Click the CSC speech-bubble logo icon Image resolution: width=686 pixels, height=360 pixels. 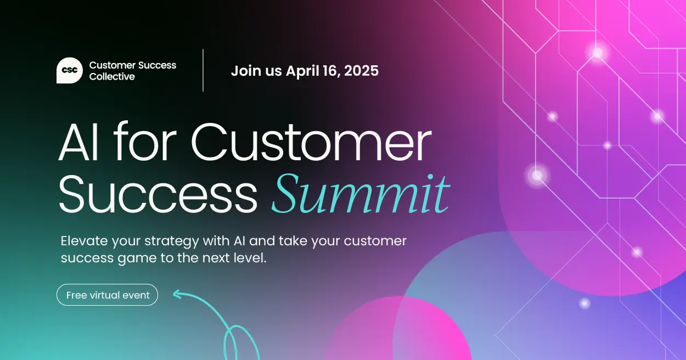(70, 71)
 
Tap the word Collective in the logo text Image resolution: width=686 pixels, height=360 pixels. (112, 77)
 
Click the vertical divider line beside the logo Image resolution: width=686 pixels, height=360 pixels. (203, 70)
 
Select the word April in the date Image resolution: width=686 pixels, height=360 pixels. (303, 71)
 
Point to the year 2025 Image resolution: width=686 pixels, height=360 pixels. (361, 71)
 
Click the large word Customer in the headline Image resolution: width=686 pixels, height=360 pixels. (311, 143)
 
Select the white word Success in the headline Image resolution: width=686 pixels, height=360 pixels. (158, 195)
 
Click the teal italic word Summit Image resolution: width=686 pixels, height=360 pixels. (361, 195)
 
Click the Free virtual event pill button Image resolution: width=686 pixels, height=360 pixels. (107, 295)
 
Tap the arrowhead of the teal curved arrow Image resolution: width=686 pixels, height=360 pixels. (177, 295)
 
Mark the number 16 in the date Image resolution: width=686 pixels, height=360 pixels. (330, 71)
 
